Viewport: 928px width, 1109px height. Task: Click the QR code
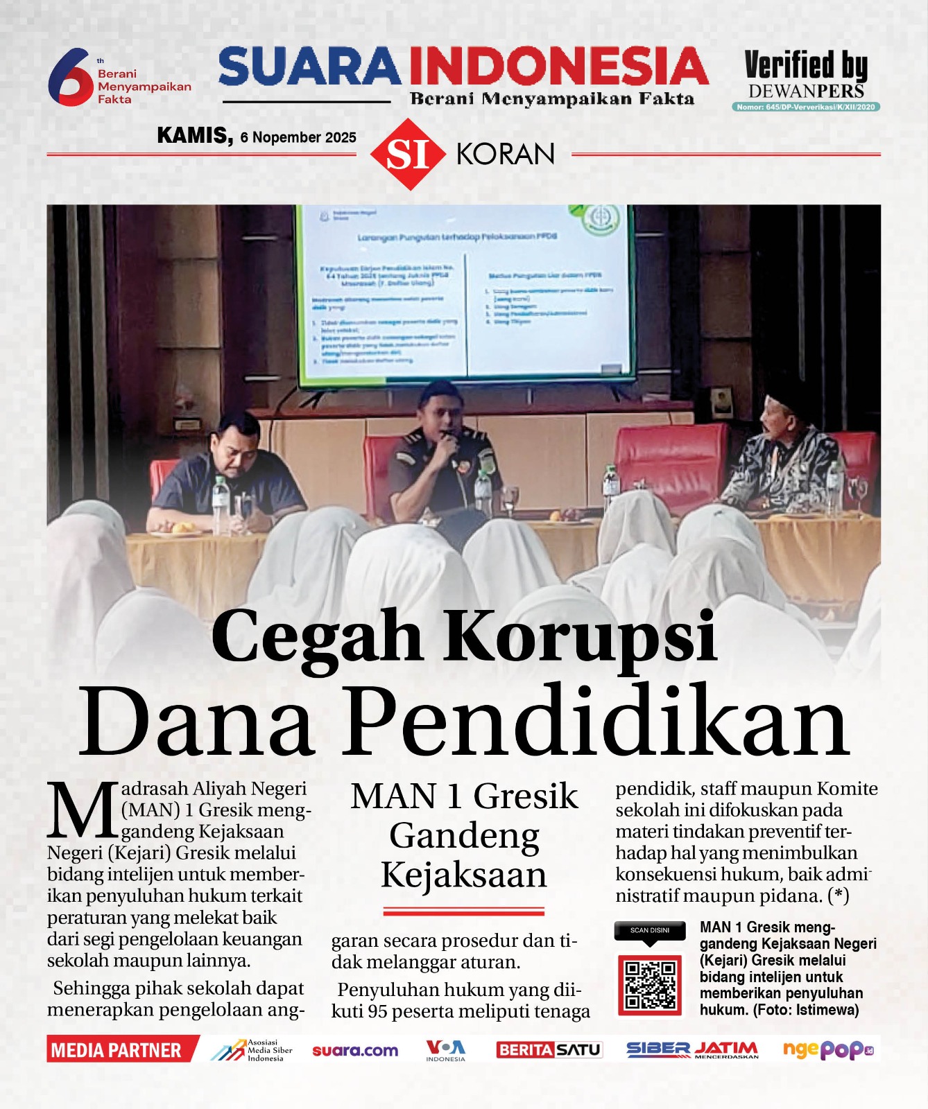pyautogui.click(x=650, y=984)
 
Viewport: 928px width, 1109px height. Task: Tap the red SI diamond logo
pyautogui.click(x=409, y=154)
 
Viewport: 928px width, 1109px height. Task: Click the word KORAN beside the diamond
pyautogui.click(x=506, y=154)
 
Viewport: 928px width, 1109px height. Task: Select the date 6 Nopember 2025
pyautogui.click(x=298, y=137)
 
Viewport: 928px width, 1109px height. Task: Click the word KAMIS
pyautogui.click(x=194, y=135)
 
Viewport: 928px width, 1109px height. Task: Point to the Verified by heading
pyautogui.click(x=806, y=67)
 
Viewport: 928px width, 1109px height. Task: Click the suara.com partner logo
pyautogui.click(x=355, y=1051)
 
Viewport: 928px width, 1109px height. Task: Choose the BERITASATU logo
pyautogui.click(x=549, y=1050)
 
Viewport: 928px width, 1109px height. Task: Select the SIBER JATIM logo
pyautogui.click(x=691, y=1050)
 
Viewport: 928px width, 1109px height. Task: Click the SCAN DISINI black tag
pyautogui.click(x=650, y=931)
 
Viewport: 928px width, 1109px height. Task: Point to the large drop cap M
pyautogui.click(x=82, y=809)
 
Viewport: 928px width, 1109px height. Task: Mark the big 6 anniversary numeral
pyautogui.click(x=70, y=78)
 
